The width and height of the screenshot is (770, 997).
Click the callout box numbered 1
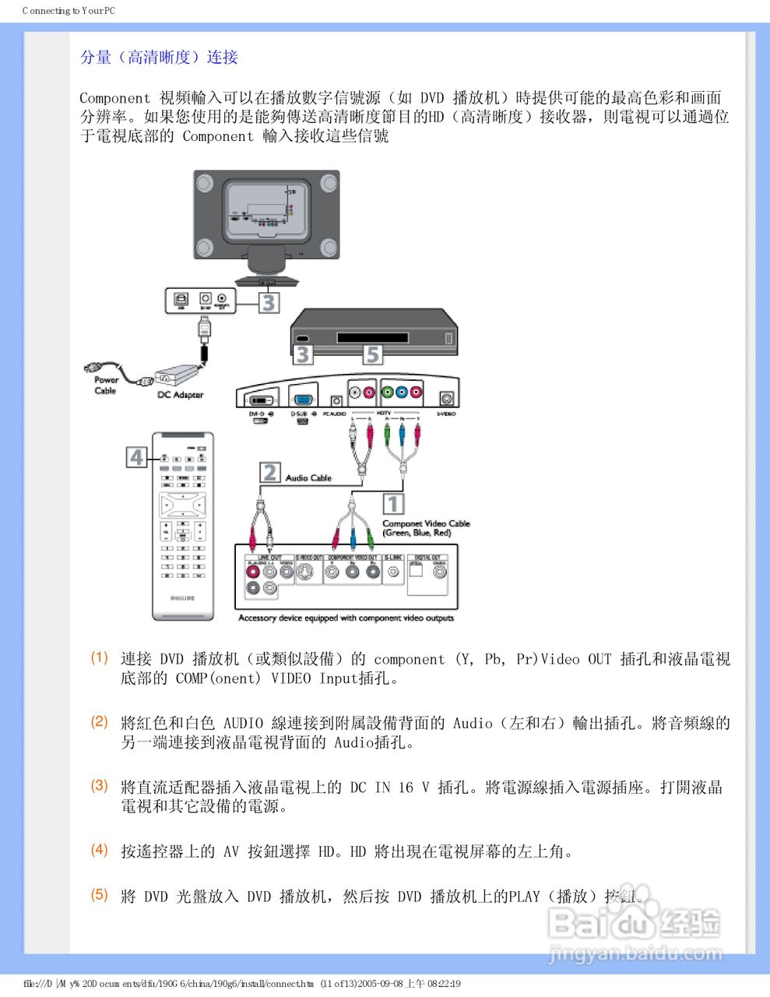(393, 504)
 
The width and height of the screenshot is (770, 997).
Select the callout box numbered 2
(269, 473)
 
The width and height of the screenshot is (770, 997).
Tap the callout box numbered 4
(137, 456)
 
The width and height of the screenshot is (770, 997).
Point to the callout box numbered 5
(373, 354)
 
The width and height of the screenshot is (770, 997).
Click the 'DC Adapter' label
(180, 395)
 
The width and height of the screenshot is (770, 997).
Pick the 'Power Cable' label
(106, 386)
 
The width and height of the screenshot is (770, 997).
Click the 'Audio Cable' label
(308, 477)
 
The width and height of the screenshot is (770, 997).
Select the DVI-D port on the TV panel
(259, 396)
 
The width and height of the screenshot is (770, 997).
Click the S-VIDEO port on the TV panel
(446, 397)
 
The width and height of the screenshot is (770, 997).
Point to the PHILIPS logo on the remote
(183, 598)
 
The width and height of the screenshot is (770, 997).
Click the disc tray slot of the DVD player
(372, 338)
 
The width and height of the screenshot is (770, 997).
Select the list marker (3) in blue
(99, 785)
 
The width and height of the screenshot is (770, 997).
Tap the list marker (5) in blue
(99, 894)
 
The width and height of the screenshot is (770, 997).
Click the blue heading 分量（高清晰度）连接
(159, 57)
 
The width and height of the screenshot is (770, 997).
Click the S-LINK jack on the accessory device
(393, 571)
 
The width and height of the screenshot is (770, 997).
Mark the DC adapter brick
(178, 376)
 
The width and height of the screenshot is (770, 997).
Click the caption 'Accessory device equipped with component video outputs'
(346, 618)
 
